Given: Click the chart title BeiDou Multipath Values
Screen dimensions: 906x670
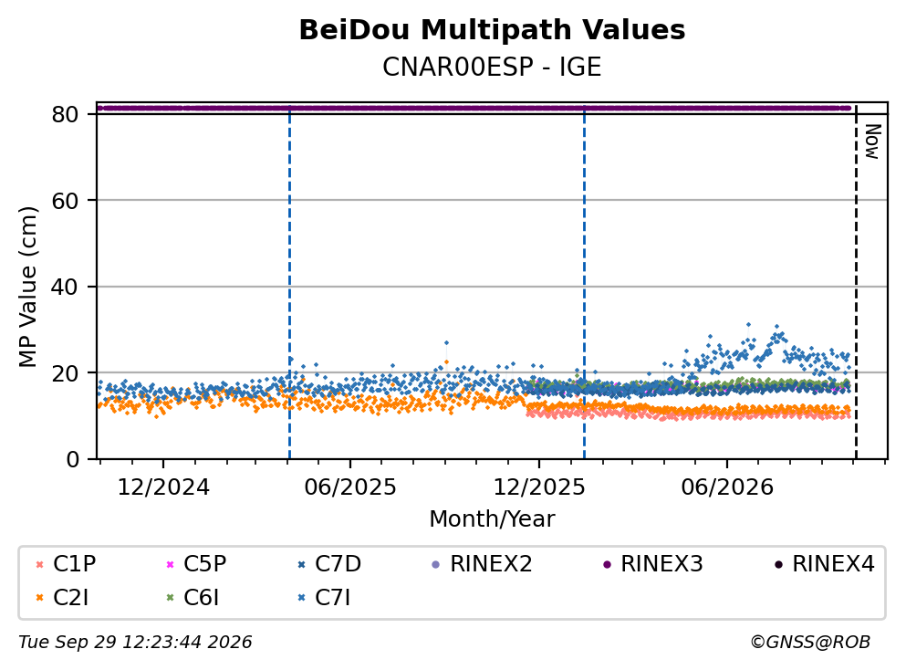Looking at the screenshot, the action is click(492, 30).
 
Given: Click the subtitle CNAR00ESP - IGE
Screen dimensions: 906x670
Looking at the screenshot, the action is click(492, 67).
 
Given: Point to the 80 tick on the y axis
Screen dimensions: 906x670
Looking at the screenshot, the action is click(65, 114).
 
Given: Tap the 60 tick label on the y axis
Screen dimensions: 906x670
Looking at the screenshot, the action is click(65, 201).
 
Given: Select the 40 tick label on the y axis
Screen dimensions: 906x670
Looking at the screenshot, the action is click(65, 287).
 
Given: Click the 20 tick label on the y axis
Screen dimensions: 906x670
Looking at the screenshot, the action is click(65, 372).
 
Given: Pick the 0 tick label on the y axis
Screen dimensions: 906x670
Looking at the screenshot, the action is click(72, 459).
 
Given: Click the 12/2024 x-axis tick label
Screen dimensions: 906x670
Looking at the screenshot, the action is click(163, 487).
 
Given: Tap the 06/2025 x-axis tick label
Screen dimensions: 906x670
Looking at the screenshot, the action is click(350, 487).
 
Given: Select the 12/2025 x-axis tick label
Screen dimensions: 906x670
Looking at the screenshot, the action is click(539, 487).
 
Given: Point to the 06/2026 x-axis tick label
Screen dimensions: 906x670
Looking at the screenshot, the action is click(727, 487).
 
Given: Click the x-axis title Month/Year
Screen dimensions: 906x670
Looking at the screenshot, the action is click(492, 519).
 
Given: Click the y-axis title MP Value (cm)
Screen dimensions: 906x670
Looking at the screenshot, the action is click(27, 287).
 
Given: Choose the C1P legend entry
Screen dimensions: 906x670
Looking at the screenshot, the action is click(66, 563).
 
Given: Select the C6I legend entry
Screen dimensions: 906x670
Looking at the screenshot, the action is click(193, 598).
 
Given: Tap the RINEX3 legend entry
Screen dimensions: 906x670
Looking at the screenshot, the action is click(653, 563).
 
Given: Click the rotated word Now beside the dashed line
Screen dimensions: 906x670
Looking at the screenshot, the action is click(872, 141).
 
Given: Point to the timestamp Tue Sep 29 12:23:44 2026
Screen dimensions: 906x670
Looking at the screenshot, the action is click(135, 643).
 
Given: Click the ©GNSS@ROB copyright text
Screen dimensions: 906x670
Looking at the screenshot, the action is click(810, 643).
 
